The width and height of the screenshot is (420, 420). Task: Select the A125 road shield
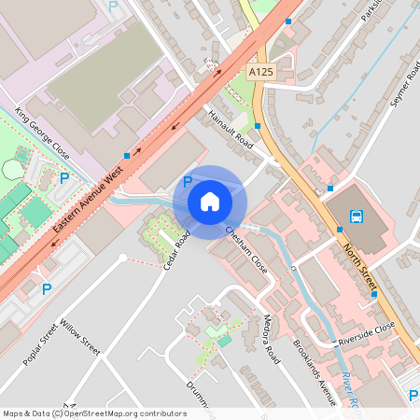tap(261, 71)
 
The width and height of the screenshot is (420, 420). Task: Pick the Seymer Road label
tap(405, 84)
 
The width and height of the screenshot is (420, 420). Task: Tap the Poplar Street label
tap(41, 345)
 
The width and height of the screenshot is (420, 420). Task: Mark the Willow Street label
tap(79, 338)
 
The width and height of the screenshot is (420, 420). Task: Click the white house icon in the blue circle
tap(210, 201)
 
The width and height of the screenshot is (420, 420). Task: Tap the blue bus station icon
tap(357, 217)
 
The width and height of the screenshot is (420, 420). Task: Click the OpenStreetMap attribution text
tap(94, 413)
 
